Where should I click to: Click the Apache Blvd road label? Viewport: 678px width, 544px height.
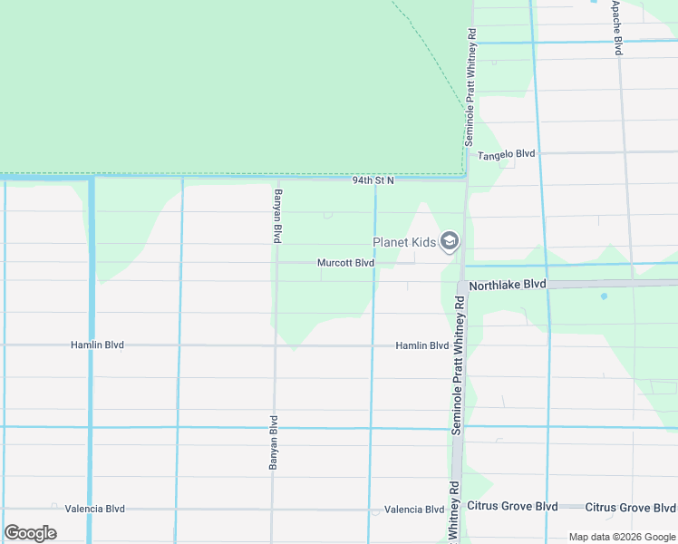point(617,27)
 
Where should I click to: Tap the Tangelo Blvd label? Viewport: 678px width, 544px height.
point(507,154)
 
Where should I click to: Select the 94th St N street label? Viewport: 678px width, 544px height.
point(373,181)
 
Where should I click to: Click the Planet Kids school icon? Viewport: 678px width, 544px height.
point(450,241)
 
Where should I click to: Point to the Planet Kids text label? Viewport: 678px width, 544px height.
point(403,242)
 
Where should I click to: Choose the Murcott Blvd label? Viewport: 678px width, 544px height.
point(345,263)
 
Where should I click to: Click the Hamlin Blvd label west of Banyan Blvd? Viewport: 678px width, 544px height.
point(97,345)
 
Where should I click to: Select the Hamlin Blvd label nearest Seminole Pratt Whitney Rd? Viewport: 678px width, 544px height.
point(421,345)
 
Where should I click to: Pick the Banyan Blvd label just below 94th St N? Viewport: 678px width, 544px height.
point(278,215)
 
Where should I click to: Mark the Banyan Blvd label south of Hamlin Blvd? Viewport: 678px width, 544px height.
point(273,442)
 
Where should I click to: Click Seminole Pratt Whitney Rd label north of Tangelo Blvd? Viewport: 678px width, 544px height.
point(470,86)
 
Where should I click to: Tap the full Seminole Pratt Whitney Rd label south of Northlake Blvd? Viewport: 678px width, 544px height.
point(458,363)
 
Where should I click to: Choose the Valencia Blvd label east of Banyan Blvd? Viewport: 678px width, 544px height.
point(413,510)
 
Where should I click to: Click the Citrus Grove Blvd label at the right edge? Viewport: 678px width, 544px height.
point(630,506)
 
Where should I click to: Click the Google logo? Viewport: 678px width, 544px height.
point(30,532)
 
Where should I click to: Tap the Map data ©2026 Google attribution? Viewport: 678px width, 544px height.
point(621,537)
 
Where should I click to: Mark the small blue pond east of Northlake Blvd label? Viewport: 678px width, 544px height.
point(603,296)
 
